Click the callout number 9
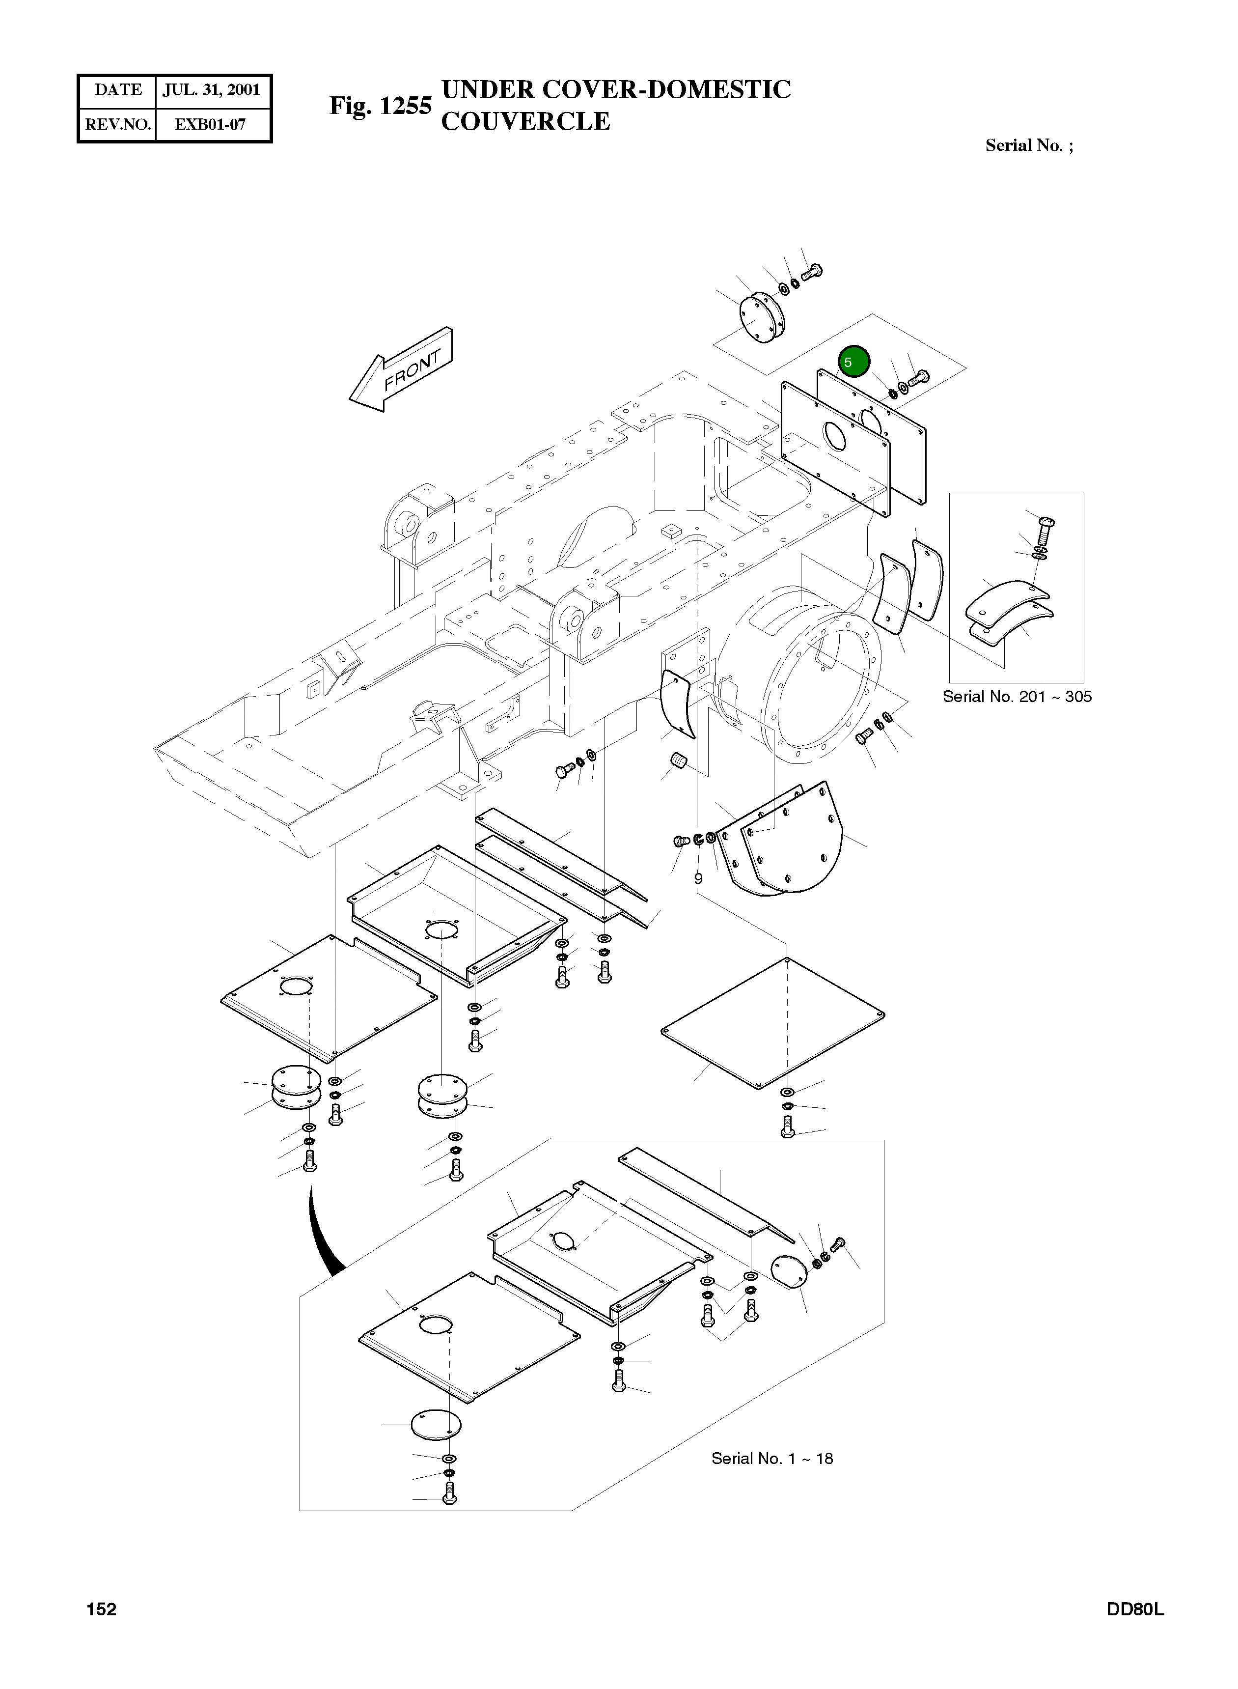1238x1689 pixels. [698, 878]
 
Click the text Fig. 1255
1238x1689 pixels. [380, 106]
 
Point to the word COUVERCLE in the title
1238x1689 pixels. [525, 121]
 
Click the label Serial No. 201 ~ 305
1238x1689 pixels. [1016, 697]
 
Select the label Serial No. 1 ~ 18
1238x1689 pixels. [772, 1458]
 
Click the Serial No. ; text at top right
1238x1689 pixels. [1028, 145]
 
